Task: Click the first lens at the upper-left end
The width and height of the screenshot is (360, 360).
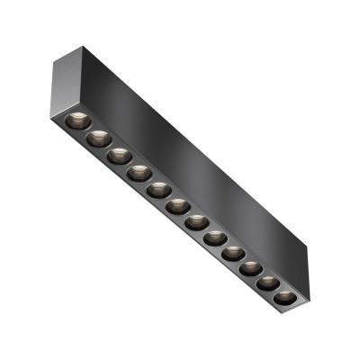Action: (76, 121)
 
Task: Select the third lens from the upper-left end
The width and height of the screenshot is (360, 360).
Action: (119, 156)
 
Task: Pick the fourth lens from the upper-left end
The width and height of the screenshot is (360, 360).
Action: (139, 173)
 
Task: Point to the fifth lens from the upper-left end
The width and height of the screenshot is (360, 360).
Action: (158, 190)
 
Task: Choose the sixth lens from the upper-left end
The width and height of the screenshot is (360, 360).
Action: (177, 206)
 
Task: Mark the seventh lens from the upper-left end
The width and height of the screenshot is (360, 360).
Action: (196, 222)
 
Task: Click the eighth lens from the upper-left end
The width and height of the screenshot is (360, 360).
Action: (215, 238)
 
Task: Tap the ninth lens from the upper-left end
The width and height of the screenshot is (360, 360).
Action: (233, 254)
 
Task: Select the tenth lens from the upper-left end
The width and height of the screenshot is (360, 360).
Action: (251, 268)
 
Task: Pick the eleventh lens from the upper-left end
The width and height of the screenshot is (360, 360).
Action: (268, 283)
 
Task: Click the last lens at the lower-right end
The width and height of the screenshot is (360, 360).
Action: (284, 296)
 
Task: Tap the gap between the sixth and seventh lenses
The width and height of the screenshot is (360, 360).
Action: (187, 214)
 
